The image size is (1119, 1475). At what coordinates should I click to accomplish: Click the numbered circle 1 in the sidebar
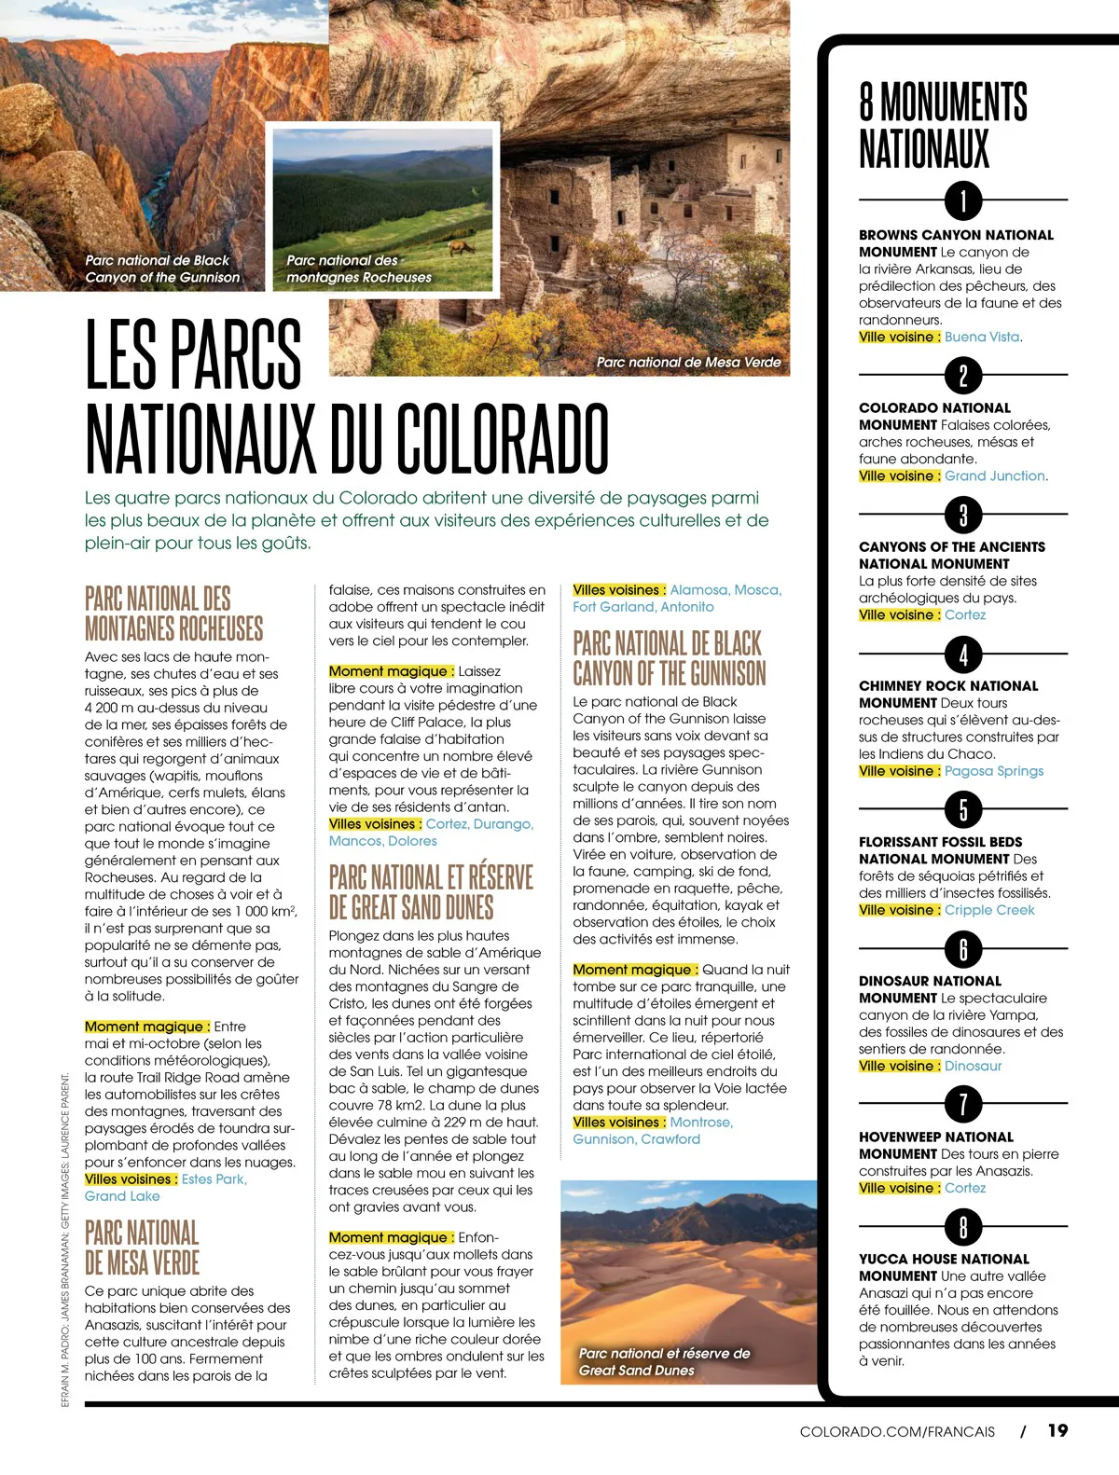tap(963, 200)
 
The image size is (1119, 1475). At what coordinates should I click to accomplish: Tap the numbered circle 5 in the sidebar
tap(963, 808)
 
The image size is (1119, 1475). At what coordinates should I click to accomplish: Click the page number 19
tap(1057, 1430)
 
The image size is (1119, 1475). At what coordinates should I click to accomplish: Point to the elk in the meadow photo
tap(458, 248)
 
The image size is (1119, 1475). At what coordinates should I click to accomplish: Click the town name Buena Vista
tap(982, 337)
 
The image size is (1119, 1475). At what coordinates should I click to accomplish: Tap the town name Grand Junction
tap(995, 476)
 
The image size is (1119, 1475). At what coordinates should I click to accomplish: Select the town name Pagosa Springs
tap(994, 771)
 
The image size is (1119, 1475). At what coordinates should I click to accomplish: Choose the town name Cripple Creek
tap(989, 910)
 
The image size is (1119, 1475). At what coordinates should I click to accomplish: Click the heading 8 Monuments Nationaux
tap(943, 125)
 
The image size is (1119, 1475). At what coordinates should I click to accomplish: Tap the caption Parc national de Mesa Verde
tap(688, 362)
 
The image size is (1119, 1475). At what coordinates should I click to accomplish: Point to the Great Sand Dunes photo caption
tap(664, 1361)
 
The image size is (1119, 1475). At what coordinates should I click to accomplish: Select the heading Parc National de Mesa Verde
tap(142, 1248)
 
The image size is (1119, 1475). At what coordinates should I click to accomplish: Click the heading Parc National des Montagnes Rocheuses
tap(173, 613)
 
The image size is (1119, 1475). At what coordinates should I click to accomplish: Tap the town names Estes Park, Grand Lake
tap(166, 1188)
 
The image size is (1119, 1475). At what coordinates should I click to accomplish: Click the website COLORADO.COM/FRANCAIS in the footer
tap(897, 1431)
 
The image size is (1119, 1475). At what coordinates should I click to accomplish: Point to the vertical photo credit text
tap(65, 1240)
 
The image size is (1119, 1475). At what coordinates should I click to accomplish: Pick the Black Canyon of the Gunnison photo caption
tap(162, 269)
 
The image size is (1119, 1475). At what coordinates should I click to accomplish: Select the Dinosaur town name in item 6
tap(973, 1066)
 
